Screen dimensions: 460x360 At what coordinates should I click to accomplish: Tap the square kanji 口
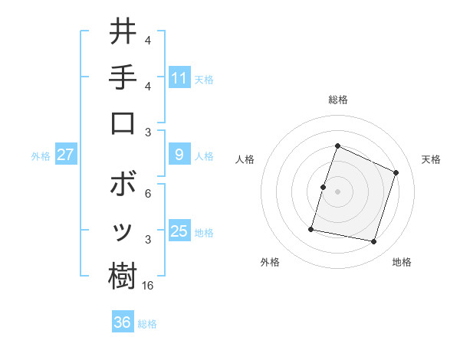123,123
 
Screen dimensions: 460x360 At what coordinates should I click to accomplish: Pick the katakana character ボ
123,185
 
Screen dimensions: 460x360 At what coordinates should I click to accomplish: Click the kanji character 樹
123,277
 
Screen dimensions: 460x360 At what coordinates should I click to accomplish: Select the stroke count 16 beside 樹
148,285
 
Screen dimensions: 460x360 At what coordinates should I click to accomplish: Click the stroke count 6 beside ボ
148,193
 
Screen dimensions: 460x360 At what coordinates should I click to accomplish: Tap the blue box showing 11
179,78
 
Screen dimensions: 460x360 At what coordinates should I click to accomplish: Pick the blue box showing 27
65,155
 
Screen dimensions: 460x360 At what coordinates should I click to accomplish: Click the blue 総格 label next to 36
147,324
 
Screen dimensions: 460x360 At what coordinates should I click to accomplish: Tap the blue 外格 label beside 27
41,156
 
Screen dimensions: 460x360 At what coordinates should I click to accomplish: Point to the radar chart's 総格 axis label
337,100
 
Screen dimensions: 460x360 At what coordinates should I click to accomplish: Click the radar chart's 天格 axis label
431,159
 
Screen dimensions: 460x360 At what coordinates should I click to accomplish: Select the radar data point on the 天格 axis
396,172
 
